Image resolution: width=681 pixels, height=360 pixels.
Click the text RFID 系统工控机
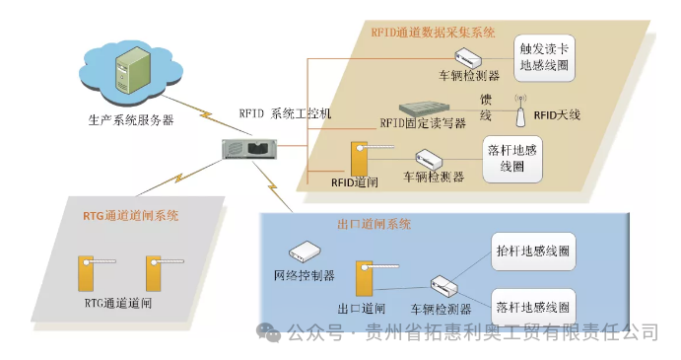click(x=285, y=113)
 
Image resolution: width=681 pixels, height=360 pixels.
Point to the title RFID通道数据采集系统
click(x=433, y=32)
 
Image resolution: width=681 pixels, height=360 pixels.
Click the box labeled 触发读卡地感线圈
click(x=545, y=58)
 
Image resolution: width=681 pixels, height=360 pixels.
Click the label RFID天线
click(x=557, y=115)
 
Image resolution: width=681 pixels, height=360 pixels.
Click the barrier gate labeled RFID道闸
click(x=361, y=160)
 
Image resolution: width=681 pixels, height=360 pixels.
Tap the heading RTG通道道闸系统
click(x=130, y=214)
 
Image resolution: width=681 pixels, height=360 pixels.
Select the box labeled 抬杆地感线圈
click(x=530, y=252)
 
